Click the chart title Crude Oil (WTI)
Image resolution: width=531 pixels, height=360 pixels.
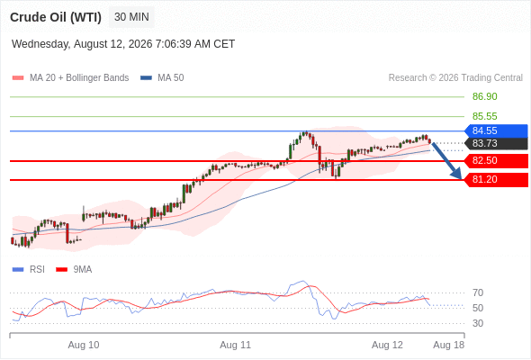pyautogui.click(x=56, y=17)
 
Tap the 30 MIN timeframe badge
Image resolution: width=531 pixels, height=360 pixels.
pyautogui.click(x=131, y=17)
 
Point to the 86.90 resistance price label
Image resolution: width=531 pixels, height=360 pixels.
pyautogui.click(x=484, y=96)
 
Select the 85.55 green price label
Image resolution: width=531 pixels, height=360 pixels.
pyautogui.click(x=484, y=116)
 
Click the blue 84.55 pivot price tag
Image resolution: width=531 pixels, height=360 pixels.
pyautogui.click(x=496, y=130)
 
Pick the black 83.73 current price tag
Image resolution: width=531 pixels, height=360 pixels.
pyautogui.click(x=496, y=143)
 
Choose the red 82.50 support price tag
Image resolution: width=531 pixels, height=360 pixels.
pyautogui.click(x=496, y=160)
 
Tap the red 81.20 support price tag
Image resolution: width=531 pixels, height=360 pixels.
pyautogui.click(x=496, y=179)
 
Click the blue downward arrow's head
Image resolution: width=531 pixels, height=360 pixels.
pyautogui.click(x=458, y=175)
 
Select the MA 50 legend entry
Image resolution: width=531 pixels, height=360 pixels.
pyautogui.click(x=162, y=78)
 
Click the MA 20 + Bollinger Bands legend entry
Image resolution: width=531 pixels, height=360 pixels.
pyautogui.click(x=70, y=78)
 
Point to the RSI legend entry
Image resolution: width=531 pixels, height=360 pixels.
pyautogui.click(x=29, y=270)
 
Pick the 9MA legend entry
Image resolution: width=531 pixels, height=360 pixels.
pyautogui.click(x=74, y=270)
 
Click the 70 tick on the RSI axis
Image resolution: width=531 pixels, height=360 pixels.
pyautogui.click(x=478, y=292)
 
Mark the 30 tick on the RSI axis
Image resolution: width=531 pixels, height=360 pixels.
pyautogui.click(x=478, y=323)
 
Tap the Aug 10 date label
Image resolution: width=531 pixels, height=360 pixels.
pyautogui.click(x=84, y=345)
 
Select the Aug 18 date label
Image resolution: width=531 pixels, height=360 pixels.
pyautogui.click(x=449, y=345)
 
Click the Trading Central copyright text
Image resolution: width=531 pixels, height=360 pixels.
pyautogui.click(x=455, y=78)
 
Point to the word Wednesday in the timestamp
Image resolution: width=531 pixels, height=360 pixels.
pyautogui.click(x=40, y=44)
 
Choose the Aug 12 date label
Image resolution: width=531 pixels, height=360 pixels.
pyautogui.click(x=387, y=345)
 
